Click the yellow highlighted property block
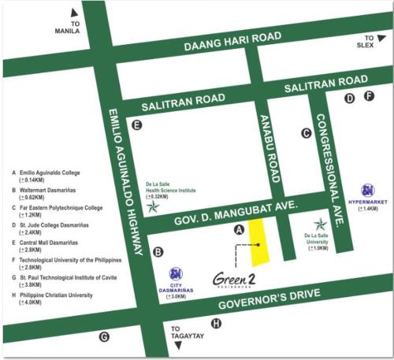[x=258, y=241]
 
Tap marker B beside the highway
[x=158, y=252]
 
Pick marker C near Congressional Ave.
[x=307, y=133]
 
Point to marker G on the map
[x=103, y=337]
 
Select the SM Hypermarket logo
[x=367, y=190]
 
